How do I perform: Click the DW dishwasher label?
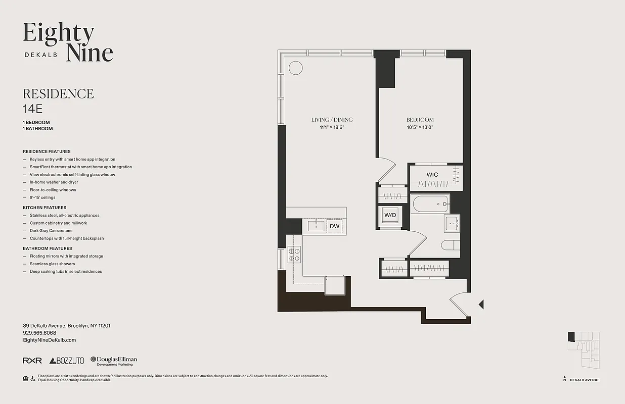pos(334,226)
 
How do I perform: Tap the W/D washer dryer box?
pos(390,216)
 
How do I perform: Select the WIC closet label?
pos(432,175)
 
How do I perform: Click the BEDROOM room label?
pos(420,120)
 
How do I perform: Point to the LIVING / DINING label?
pos(332,120)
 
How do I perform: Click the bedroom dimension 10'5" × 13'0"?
pos(420,127)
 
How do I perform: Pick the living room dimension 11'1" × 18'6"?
pos(332,127)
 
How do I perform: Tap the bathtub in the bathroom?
pos(430,205)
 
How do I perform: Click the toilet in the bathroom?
pos(450,246)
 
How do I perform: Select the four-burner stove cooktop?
pos(294,254)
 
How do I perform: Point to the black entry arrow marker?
pos(481,304)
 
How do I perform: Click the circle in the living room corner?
pos(295,68)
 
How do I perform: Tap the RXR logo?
pos(32,361)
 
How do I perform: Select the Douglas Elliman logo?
pos(114,361)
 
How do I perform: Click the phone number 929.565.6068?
pos(39,333)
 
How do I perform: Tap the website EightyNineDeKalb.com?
pos(50,340)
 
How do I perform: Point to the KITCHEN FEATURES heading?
pos(44,208)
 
